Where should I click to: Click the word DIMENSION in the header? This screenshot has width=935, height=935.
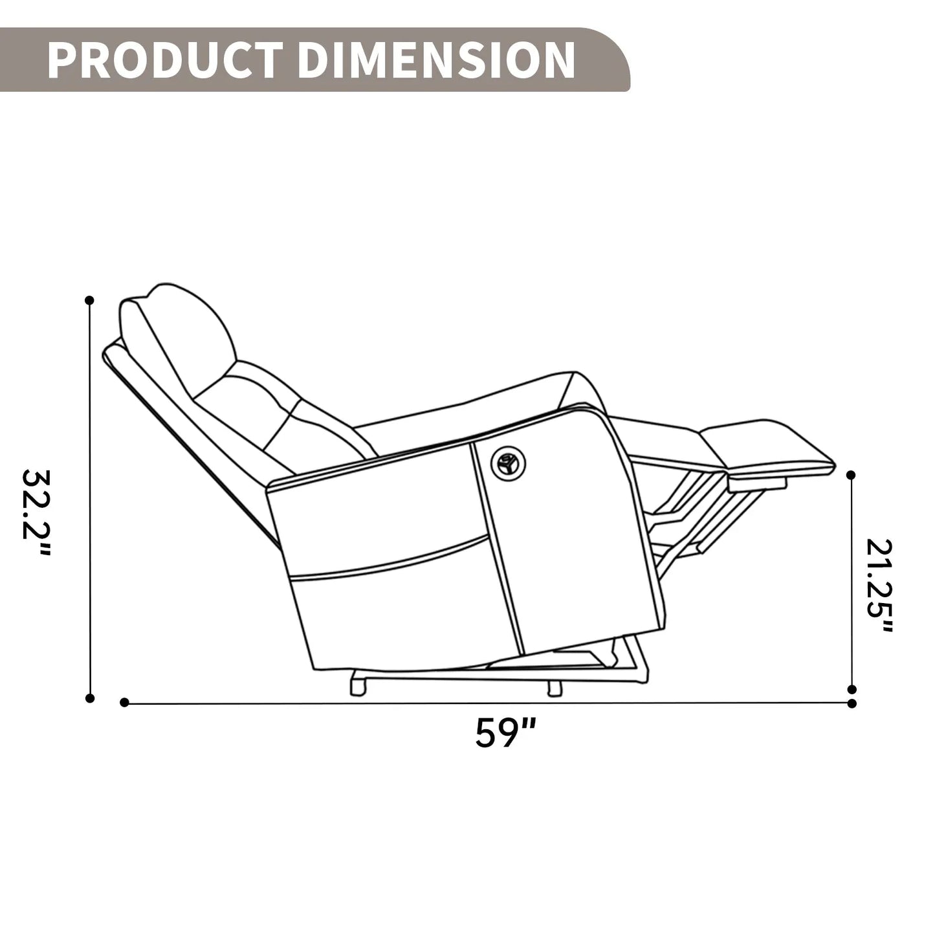tap(436, 60)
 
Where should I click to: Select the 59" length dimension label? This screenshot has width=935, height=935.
tap(505, 733)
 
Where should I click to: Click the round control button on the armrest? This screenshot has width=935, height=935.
tap(508, 462)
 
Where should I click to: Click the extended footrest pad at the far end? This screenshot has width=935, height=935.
tap(770, 446)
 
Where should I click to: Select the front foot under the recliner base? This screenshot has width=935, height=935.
tap(554, 688)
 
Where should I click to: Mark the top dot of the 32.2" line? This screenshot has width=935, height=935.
tap(90, 300)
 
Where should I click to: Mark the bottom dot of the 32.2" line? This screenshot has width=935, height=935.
tap(90, 698)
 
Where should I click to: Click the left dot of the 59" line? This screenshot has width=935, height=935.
tap(125, 702)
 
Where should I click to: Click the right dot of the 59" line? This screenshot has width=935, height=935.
tap(852, 703)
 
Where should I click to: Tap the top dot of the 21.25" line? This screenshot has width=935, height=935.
tap(852, 476)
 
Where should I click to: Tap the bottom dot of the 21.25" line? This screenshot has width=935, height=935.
tap(852, 689)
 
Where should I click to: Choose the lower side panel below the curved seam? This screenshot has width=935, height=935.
tap(401, 615)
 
